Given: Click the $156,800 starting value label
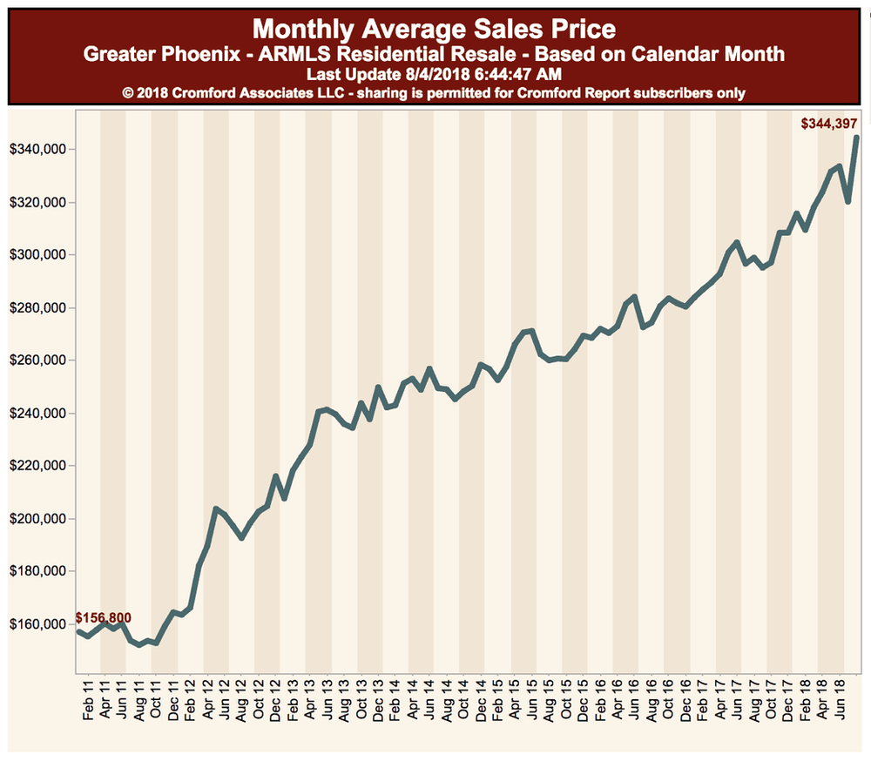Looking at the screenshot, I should pyautogui.click(x=104, y=618).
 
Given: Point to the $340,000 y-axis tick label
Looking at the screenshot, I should pyautogui.click(x=36, y=150).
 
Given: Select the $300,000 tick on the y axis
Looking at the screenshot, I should pyautogui.click(x=36, y=255).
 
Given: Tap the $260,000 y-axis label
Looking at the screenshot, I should pyautogui.click(x=36, y=360).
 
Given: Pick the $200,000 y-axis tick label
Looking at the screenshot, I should pyautogui.click(x=36, y=519).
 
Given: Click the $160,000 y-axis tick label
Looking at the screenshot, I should pyautogui.click(x=36, y=624).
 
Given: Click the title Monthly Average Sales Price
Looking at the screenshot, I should pyautogui.click(x=434, y=29).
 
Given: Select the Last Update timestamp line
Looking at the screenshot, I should pyautogui.click(x=434, y=75).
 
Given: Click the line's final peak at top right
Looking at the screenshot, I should pyautogui.click(x=856, y=138).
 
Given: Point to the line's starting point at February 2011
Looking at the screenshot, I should pyautogui.click(x=78, y=631).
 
